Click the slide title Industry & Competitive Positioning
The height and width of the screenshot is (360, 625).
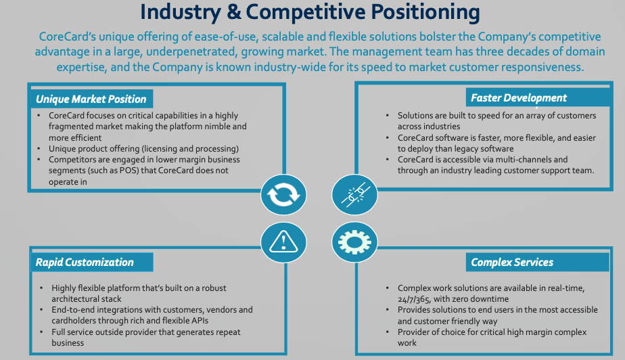click(x=310, y=13)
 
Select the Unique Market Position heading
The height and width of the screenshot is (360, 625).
click(x=91, y=99)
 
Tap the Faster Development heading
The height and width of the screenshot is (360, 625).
click(x=519, y=97)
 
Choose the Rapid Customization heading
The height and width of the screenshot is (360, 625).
click(x=85, y=262)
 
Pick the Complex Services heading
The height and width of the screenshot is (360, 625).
click(x=511, y=262)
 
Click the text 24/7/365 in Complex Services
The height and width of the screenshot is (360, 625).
click(x=417, y=298)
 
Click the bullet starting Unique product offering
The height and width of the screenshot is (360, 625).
click(x=143, y=148)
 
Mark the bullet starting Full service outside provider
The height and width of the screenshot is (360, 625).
click(x=145, y=337)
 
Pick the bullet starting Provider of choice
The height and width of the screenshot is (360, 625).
click(x=492, y=337)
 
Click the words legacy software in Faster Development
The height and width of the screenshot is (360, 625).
click(x=485, y=148)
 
